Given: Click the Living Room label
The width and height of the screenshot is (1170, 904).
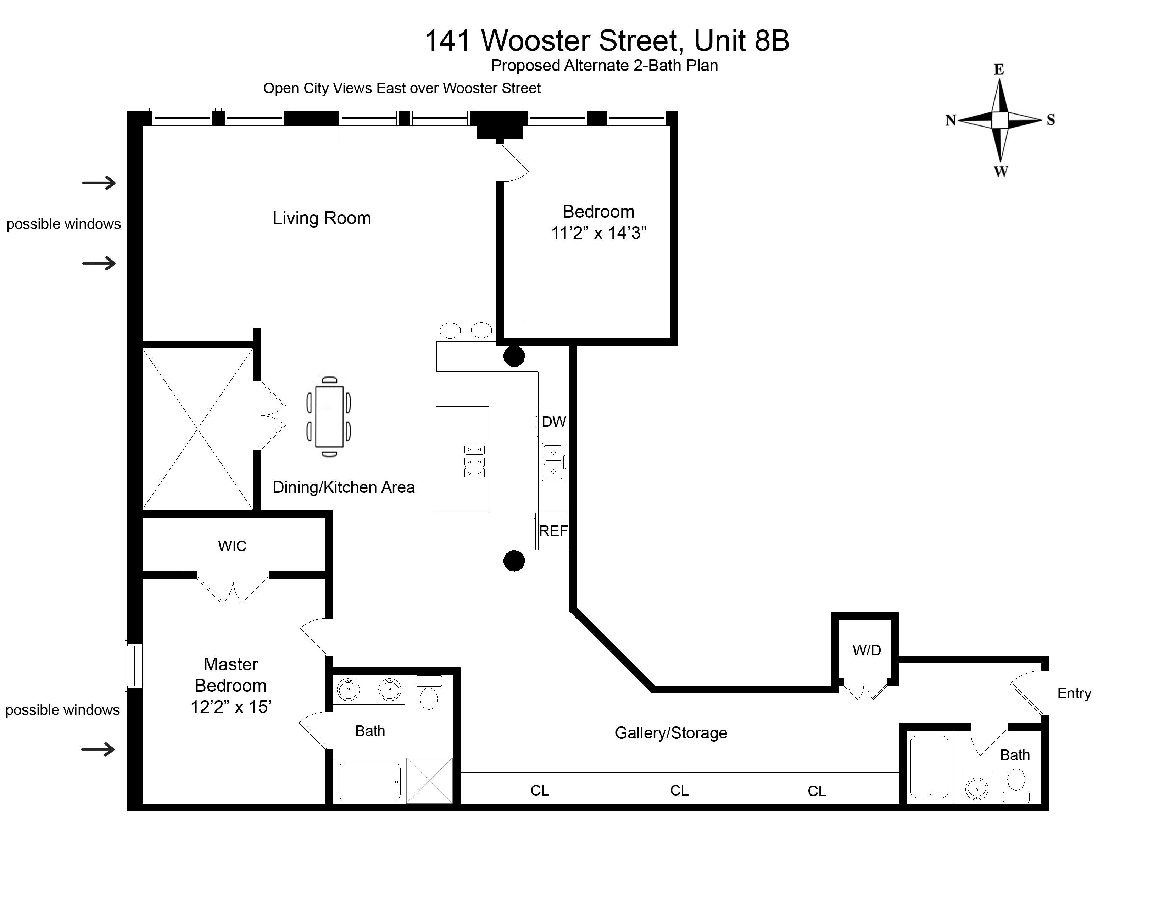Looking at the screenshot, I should click(x=322, y=218).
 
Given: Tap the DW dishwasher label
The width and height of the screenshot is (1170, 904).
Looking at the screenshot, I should click(x=553, y=422).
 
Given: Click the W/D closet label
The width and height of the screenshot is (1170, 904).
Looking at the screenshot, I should click(x=866, y=650).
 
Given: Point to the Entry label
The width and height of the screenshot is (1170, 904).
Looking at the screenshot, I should click(x=1074, y=693).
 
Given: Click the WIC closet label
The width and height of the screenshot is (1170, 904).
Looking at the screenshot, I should click(x=232, y=546).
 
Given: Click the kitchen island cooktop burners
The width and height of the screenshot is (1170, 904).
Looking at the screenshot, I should click(x=474, y=461).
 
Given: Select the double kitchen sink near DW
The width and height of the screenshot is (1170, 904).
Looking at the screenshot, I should click(x=553, y=462).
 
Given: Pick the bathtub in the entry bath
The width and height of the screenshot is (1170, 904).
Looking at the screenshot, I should click(x=930, y=767).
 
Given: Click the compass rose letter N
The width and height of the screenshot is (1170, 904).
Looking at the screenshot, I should click(x=950, y=121).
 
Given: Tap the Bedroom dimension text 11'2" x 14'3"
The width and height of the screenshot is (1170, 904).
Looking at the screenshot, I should click(x=598, y=233).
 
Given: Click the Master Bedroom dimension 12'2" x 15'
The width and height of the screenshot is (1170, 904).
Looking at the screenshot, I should click(x=231, y=707).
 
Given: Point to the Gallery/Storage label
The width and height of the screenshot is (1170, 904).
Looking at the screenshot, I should click(x=671, y=733).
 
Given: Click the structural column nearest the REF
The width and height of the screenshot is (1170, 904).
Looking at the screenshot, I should click(x=514, y=561).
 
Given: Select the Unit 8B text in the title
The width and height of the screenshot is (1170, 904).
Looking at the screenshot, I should click(x=741, y=41).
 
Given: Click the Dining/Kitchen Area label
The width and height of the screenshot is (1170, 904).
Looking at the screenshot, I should click(x=344, y=487).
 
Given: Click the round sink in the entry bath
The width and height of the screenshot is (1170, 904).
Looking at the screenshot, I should click(x=977, y=788).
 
